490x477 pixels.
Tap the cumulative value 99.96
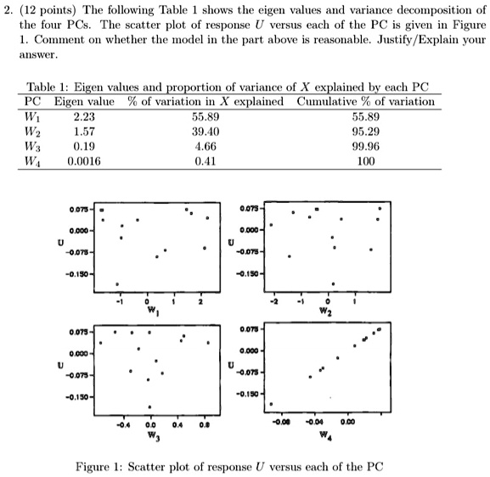365,144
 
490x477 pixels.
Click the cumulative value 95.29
365,130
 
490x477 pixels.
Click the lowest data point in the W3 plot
149,407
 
